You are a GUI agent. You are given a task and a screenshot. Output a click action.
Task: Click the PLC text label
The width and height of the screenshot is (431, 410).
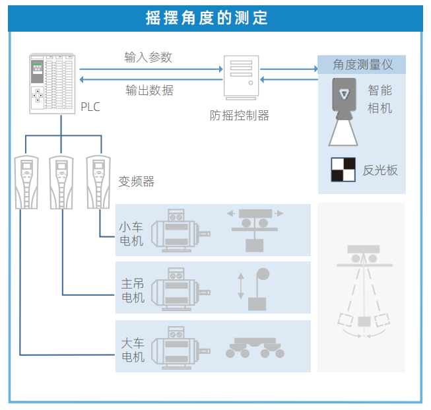pyautogui.click(x=90, y=107)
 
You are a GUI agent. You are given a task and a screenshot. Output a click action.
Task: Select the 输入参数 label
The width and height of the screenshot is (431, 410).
pyautogui.click(x=149, y=57)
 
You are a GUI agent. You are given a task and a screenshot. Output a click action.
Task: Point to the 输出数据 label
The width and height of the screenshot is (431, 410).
pyautogui.click(x=150, y=90)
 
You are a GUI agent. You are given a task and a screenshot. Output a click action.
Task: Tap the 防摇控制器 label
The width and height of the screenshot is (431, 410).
pyautogui.click(x=240, y=116)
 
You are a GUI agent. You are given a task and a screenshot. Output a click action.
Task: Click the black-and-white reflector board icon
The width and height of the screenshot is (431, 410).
pyautogui.click(x=343, y=169)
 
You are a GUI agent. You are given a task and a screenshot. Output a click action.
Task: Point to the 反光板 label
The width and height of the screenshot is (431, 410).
pyautogui.click(x=380, y=170)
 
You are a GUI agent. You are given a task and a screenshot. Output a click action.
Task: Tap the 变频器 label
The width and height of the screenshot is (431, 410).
pyautogui.click(x=136, y=181)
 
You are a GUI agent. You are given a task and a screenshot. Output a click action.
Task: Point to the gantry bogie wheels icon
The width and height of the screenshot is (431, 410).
pyautogui.click(x=255, y=347)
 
